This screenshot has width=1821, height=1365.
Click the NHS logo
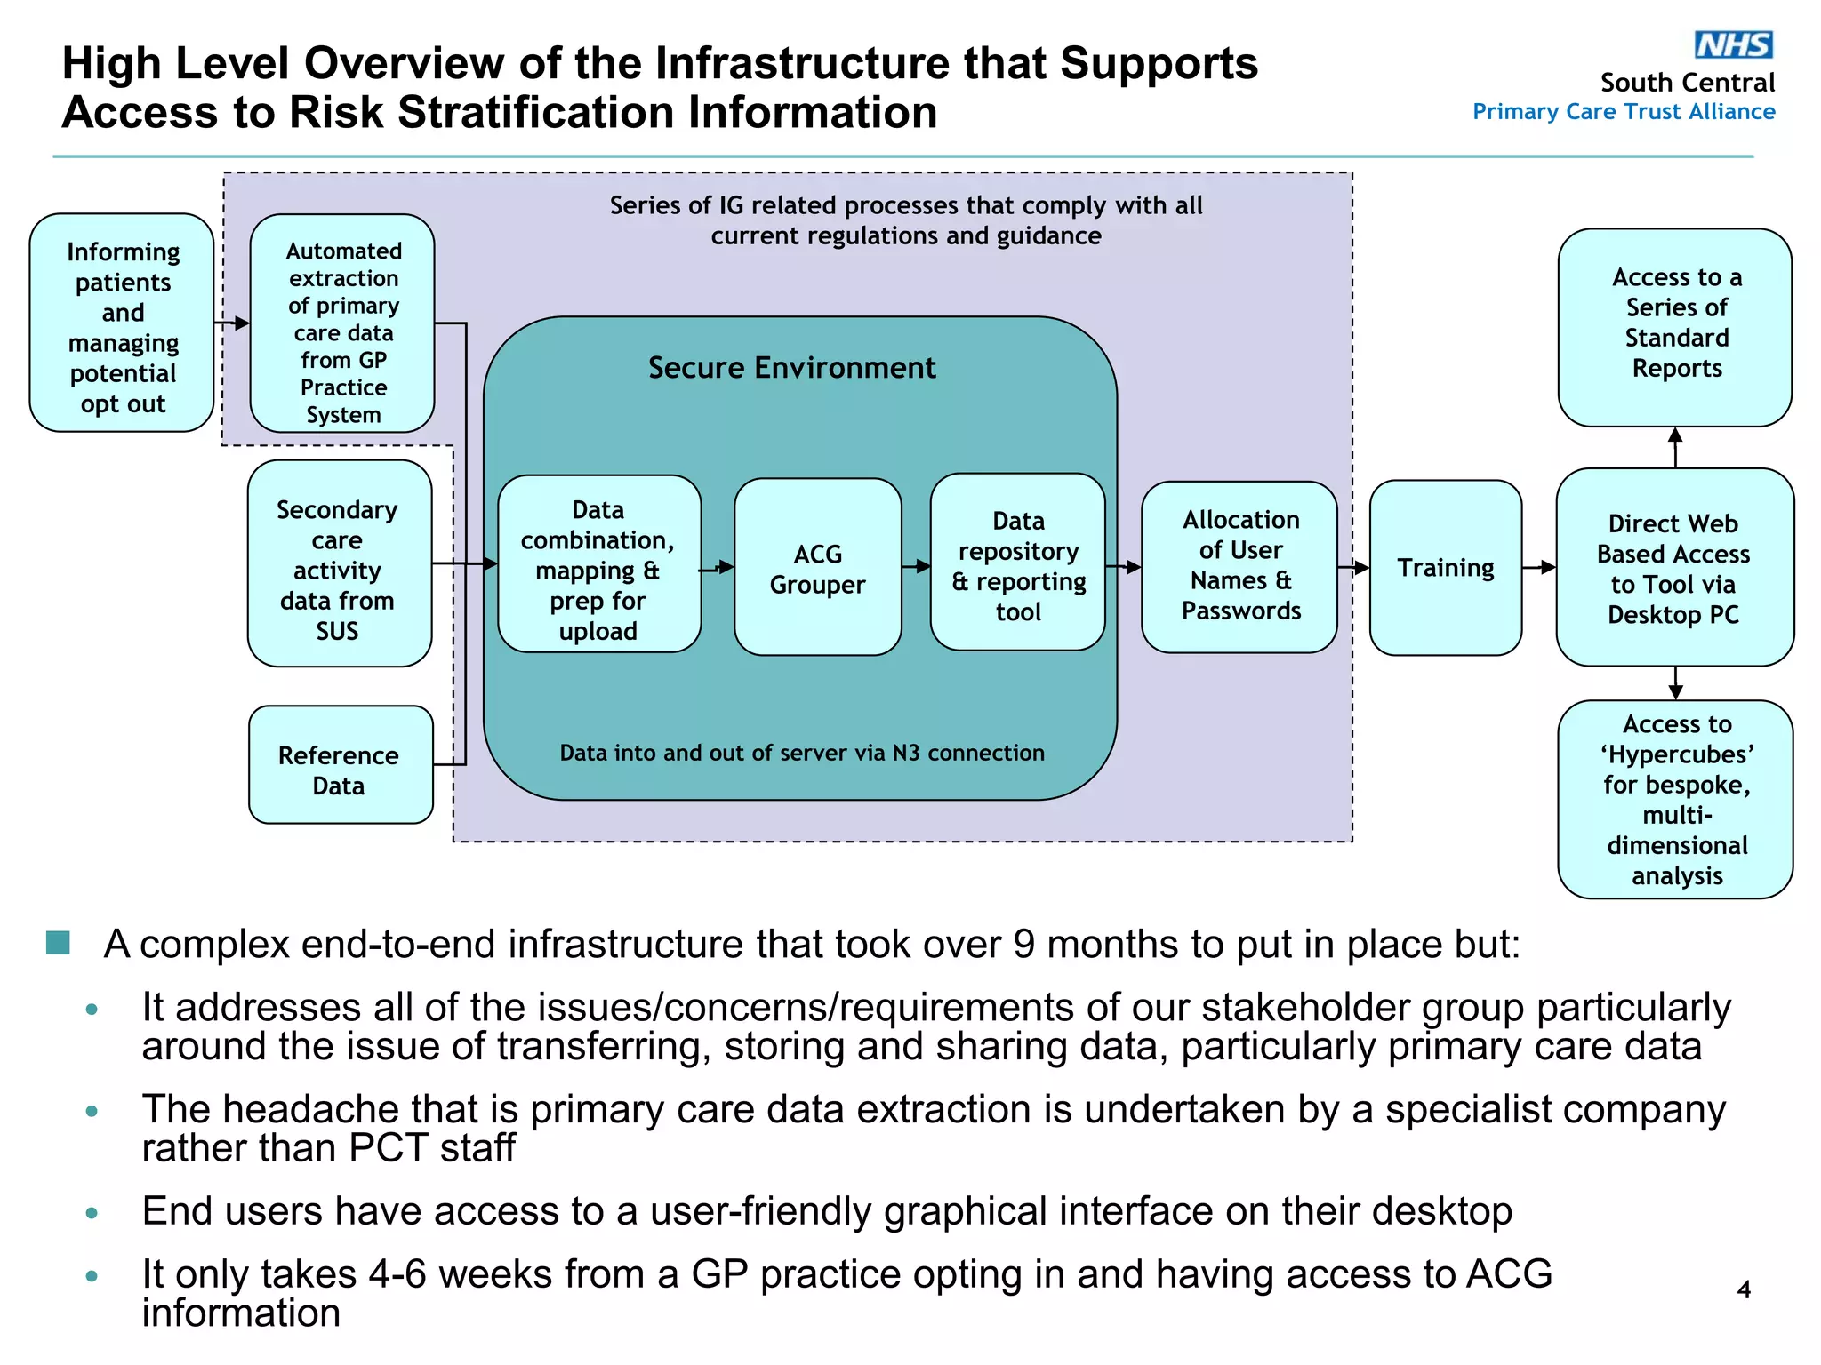pos(1733,44)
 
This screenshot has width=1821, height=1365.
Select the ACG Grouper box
pos(817,568)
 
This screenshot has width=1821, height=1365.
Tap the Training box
pos(1445,568)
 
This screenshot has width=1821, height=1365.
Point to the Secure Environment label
pos(791,368)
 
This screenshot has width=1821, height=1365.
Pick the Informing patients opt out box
pos(123,324)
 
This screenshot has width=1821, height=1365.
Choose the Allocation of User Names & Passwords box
pos(1239,567)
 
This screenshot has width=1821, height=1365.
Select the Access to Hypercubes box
pos(1675,799)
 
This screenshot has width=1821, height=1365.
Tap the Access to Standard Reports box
pos(1675,325)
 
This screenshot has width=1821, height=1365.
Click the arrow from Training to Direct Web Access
pos(1539,567)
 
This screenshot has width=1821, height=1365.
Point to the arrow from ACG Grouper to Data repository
pos(916,566)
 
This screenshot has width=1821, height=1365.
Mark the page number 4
pos(1744,1289)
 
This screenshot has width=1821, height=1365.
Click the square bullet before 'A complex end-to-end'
pos(59,943)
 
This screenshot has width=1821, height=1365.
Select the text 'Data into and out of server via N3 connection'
pos(801,754)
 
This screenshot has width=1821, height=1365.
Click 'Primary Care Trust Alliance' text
pos(1623,112)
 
